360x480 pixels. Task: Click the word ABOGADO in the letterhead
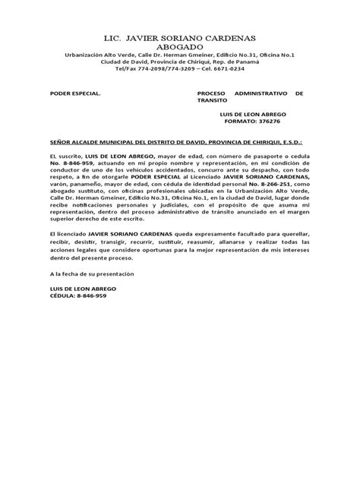pos(180,46)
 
